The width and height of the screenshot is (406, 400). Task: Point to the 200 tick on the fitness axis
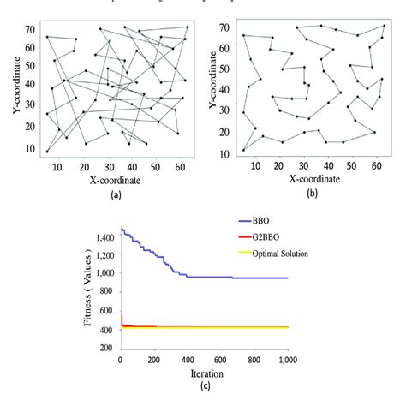[106, 348]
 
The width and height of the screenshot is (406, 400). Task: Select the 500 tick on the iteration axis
[205, 361]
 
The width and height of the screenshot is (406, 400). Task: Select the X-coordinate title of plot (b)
[313, 179]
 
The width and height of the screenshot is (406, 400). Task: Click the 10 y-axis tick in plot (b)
[225, 154]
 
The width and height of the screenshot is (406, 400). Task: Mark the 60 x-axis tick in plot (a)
[178, 168]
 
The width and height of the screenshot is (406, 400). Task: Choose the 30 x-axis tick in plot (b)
[303, 165]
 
